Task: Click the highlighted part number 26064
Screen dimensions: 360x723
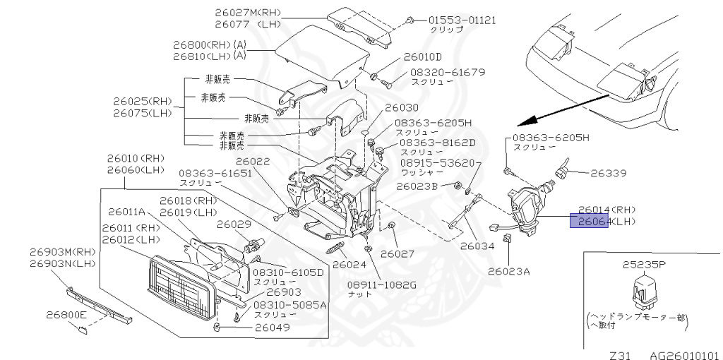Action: click(x=589, y=221)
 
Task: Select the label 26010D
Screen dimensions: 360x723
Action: click(x=423, y=57)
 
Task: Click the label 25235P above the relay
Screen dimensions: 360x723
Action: click(x=643, y=265)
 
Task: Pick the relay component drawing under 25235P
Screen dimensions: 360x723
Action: click(x=645, y=292)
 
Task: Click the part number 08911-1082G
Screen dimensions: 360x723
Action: click(x=381, y=285)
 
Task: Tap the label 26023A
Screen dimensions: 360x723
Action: click(x=508, y=270)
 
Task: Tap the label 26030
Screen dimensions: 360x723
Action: click(x=401, y=108)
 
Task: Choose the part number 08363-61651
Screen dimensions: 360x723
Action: click(x=215, y=173)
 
